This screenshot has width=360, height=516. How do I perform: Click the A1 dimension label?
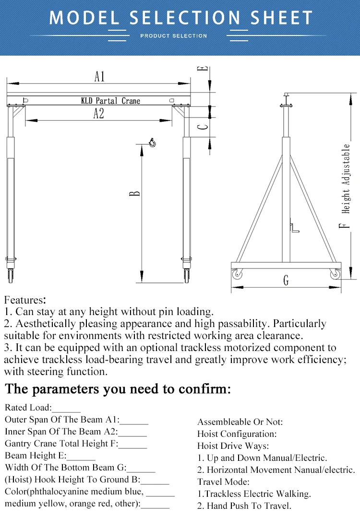click(99, 76)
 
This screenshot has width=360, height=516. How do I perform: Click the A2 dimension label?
click(98, 114)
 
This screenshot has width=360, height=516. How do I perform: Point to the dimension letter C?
click(204, 127)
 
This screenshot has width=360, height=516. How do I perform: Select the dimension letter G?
click(286, 280)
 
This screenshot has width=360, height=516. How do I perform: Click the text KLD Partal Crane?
click(110, 101)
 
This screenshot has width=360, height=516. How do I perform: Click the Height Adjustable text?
click(347, 178)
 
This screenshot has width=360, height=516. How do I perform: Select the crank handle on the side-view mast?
click(294, 227)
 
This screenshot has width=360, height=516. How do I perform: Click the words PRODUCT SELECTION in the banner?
click(174, 36)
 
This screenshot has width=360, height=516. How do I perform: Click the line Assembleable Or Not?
click(240, 422)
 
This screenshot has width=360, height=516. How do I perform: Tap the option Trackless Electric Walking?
click(254, 493)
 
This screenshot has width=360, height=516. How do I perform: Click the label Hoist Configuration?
click(237, 434)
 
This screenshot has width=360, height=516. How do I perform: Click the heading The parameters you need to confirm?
click(118, 388)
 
